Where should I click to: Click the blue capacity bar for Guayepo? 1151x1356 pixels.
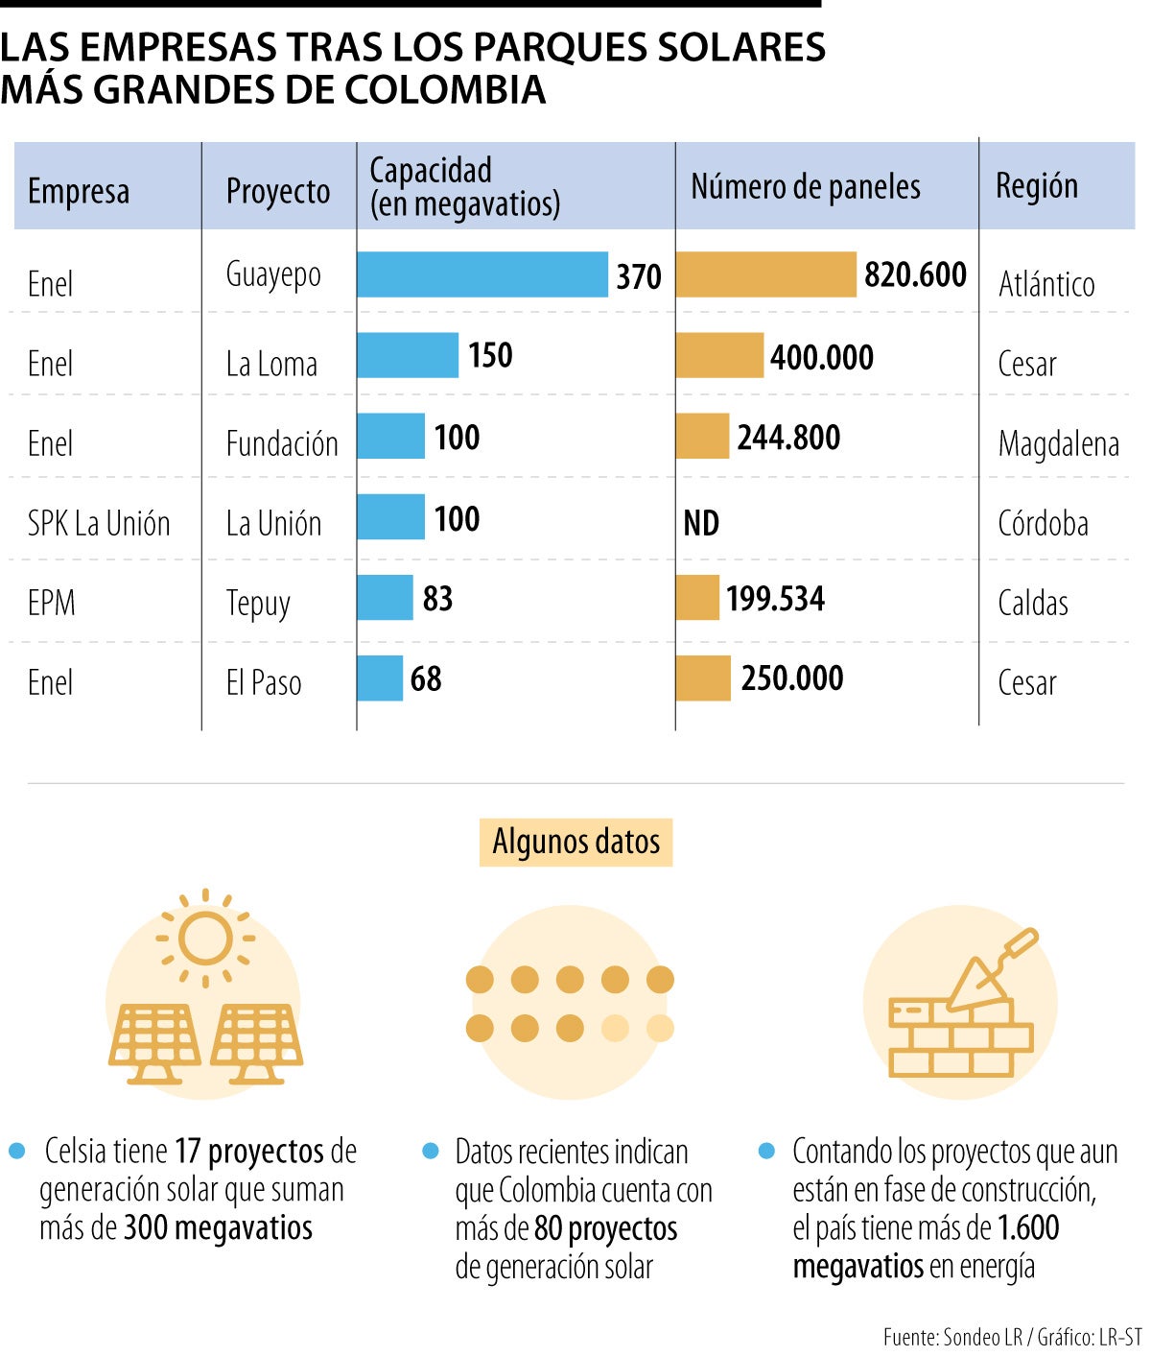click(482, 274)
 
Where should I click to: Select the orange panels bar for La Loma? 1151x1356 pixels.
click(719, 356)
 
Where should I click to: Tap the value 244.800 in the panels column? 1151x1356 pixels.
click(788, 438)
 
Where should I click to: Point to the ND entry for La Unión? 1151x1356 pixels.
click(701, 523)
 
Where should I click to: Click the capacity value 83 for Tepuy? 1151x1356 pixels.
click(437, 599)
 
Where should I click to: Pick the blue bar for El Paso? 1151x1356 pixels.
click(380, 678)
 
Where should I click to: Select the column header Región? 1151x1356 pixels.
click(1037, 185)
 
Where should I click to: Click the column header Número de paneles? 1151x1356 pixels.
click(806, 187)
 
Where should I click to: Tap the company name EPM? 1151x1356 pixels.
click(52, 603)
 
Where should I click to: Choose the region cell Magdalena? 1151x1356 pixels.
click(1058, 444)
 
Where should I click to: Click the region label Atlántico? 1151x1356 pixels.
click(1046, 284)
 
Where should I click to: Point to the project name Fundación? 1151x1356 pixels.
click(282, 444)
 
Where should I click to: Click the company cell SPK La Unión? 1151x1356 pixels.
click(99, 524)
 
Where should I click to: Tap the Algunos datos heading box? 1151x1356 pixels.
click(575, 842)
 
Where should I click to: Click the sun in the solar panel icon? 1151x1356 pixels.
click(205, 938)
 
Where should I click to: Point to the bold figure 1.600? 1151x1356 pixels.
click(1028, 1227)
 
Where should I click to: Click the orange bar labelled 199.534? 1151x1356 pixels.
click(697, 598)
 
